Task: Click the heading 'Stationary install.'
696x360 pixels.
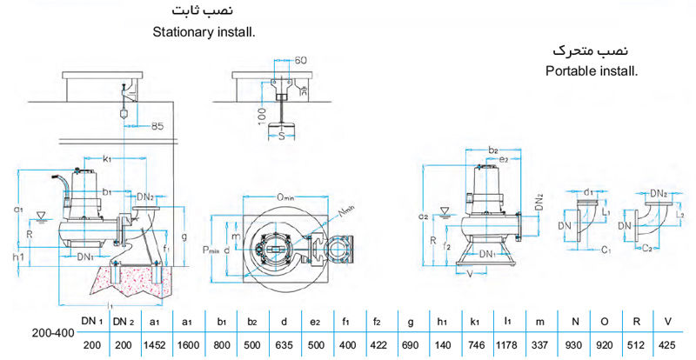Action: [207, 33]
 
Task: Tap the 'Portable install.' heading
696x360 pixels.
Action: [592, 70]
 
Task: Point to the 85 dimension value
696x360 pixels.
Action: [157, 127]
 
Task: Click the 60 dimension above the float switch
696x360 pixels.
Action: [302, 61]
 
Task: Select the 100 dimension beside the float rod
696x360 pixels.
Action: [261, 115]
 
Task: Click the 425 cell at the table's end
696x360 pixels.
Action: [667, 345]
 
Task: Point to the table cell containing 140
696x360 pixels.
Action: [443, 345]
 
